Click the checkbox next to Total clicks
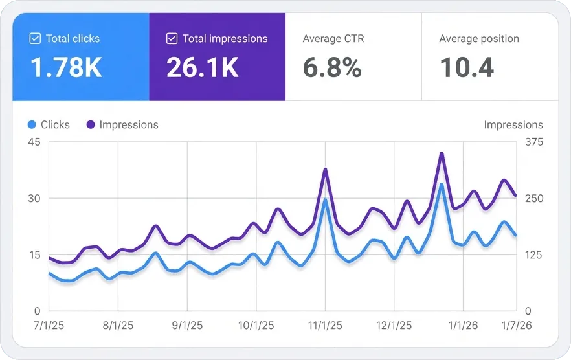pyautogui.click(x=35, y=39)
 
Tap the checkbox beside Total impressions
pyautogui.click(x=172, y=39)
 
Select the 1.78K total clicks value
pyautogui.click(x=66, y=67)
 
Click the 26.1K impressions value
pyautogui.click(x=203, y=67)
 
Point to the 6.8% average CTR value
pyautogui.click(x=332, y=67)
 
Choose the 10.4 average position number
pyautogui.click(x=467, y=67)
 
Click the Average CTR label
pyautogui.click(x=333, y=39)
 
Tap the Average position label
pyautogui.click(x=479, y=39)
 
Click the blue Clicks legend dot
pyautogui.click(x=32, y=124)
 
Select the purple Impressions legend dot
pyautogui.click(x=91, y=124)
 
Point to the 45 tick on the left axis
pyautogui.click(x=34, y=142)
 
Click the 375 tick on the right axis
pyautogui.click(x=534, y=142)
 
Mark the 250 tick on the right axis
pyautogui.click(x=534, y=198)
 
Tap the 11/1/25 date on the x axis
pyautogui.click(x=324, y=326)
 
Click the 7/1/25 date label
pyautogui.click(x=49, y=326)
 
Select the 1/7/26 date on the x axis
pyautogui.click(x=515, y=326)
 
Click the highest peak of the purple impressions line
pyautogui.click(x=442, y=153)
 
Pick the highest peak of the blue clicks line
pyautogui.click(x=442, y=185)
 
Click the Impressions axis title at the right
pyautogui.click(x=513, y=124)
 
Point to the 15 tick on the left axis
pyautogui.click(x=34, y=254)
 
